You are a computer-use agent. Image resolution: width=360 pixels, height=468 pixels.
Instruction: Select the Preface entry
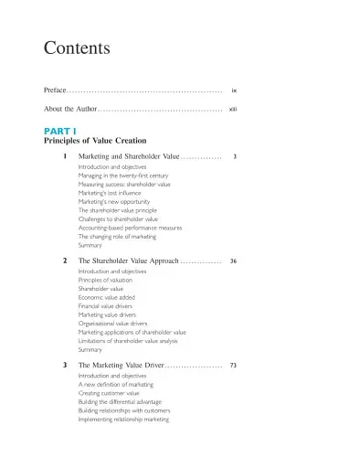pyautogui.click(x=55, y=91)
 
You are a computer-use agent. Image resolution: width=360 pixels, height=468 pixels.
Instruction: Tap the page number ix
pyautogui.click(x=235, y=91)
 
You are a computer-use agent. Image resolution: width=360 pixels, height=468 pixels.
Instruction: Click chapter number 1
pyautogui.click(x=65, y=157)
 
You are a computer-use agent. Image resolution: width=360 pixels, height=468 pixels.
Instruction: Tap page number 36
pyautogui.click(x=234, y=261)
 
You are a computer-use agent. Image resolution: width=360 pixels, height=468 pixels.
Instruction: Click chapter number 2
pyautogui.click(x=65, y=261)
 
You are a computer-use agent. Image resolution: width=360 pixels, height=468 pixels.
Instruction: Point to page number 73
pyautogui.click(x=234, y=366)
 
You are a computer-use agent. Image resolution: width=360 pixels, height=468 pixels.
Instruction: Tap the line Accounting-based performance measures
pyautogui.click(x=130, y=228)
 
